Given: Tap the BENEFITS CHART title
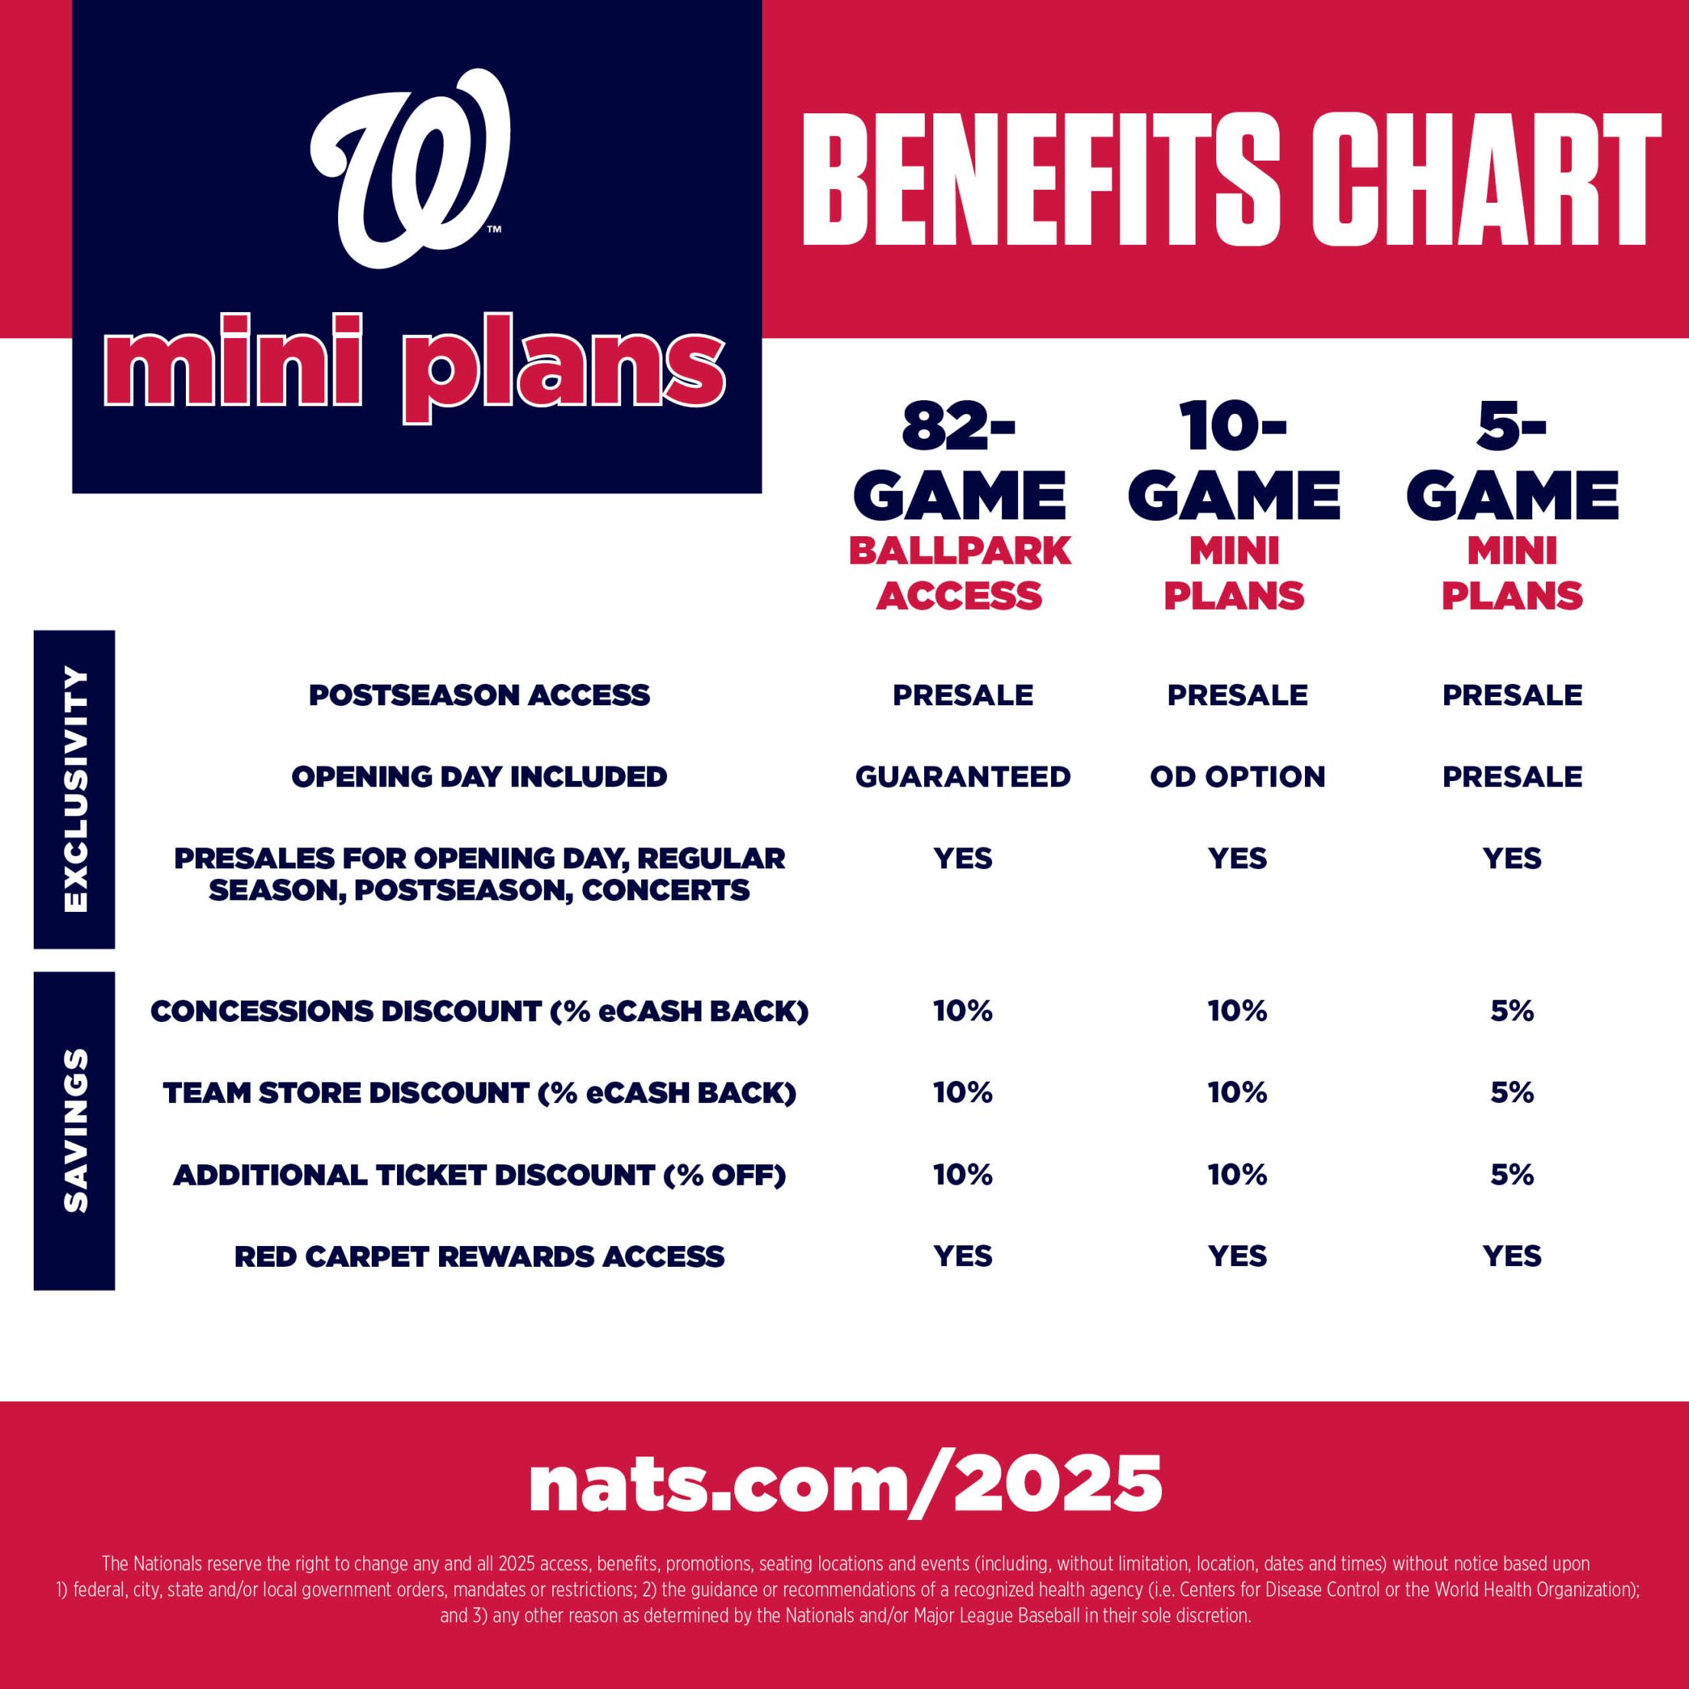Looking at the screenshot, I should point(1231,181).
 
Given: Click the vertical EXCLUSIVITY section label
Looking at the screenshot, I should point(75,789).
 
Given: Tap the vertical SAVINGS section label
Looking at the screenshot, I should point(75,1130).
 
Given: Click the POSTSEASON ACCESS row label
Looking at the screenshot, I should point(479,695).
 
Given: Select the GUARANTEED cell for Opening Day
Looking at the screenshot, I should point(962,776).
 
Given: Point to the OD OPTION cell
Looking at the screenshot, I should point(1237,776).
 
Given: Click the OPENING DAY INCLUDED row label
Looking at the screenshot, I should point(479,776).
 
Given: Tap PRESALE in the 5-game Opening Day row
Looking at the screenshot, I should point(1512,776).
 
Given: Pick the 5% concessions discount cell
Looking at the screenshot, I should point(1512,1011).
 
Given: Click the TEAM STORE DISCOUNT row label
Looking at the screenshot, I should point(479,1093).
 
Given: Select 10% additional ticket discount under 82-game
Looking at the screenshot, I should point(962,1174).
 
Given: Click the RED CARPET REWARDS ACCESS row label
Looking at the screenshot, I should point(479,1256).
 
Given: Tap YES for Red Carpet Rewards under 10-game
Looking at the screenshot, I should point(1237,1256).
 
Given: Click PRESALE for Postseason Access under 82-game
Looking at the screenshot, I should point(962,695).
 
